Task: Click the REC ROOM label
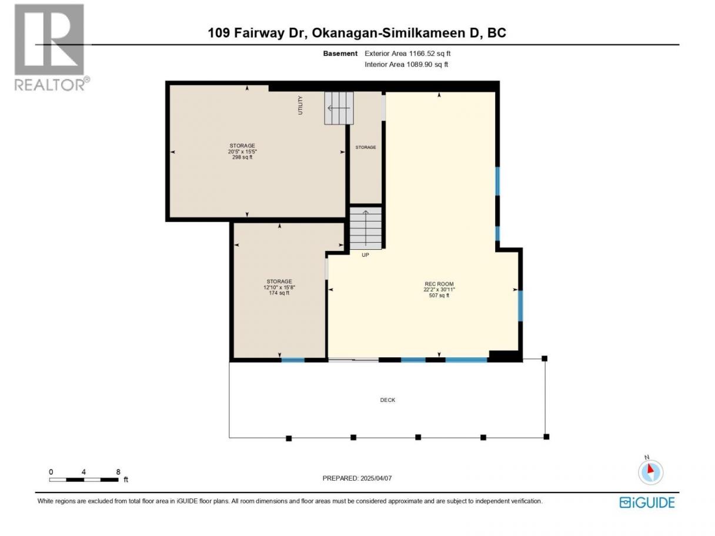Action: tap(439, 283)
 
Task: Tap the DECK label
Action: tap(387, 400)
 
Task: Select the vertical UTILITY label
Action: tap(300, 105)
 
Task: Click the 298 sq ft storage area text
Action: tap(242, 157)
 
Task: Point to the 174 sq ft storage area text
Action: tap(279, 293)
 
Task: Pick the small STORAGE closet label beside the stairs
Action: tap(366, 148)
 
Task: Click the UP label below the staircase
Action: tap(365, 255)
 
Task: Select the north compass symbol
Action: tap(650, 471)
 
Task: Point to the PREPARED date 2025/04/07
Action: tap(357, 478)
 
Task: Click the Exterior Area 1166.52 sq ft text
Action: tap(407, 53)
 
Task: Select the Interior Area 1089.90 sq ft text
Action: tap(406, 65)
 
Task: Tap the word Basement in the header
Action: tap(340, 53)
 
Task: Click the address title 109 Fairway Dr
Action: tap(258, 33)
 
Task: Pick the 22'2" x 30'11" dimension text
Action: tap(439, 289)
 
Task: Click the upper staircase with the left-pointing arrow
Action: tap(339, 108)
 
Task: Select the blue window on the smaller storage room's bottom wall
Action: tap(292, 360)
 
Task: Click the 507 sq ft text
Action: tap(439, 296)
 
